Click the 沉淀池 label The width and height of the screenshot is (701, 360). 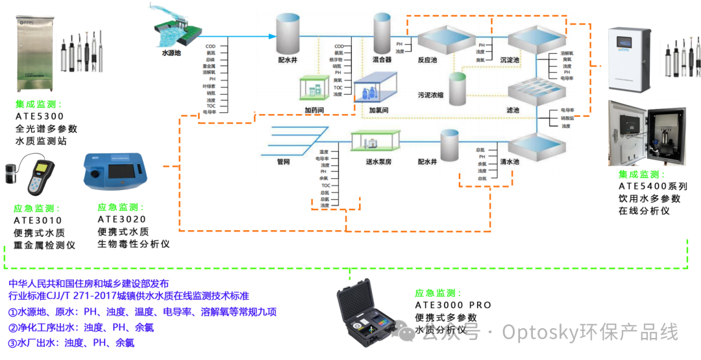point(510,60)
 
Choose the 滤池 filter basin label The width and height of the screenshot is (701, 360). point(513,111)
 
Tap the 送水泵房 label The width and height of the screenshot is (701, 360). point(378,162)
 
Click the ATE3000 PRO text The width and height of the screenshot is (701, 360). point(453,305)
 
